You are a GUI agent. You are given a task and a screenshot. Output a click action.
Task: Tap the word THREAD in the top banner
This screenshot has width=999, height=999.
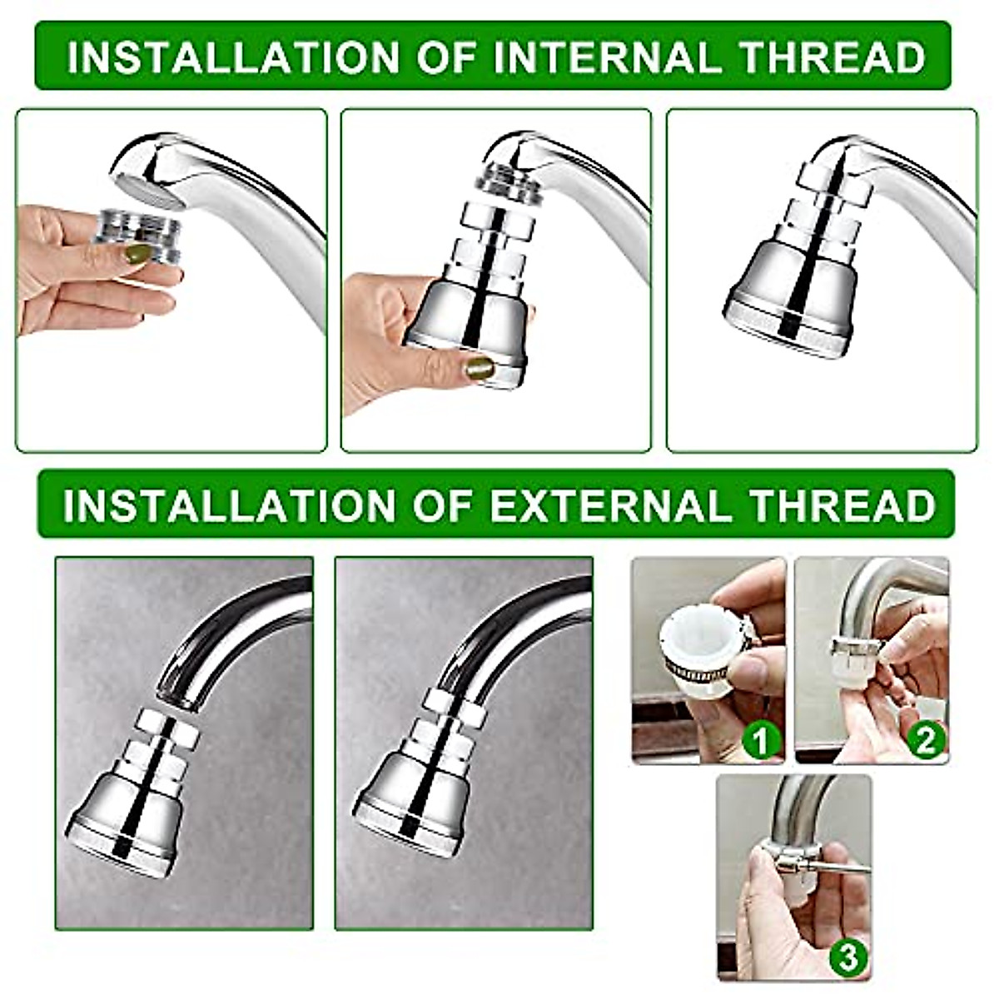[832, 57]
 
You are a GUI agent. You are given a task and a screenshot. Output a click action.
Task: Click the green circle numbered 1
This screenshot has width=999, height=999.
[759, 740]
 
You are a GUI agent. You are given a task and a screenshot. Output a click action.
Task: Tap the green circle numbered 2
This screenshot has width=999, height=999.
[926, 739]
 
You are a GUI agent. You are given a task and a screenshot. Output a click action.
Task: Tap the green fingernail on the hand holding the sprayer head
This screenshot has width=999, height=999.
[479, 368]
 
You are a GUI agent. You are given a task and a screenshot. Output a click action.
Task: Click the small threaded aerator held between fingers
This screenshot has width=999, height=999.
[137, 234]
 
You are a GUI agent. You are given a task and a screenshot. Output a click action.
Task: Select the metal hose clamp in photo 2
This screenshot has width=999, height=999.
[856, 645]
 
